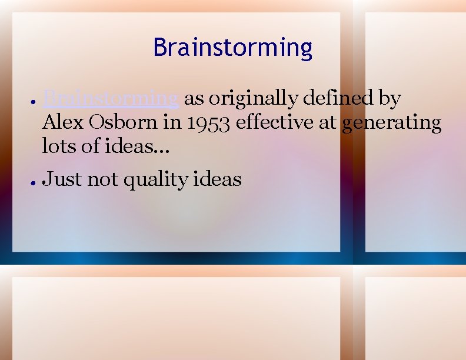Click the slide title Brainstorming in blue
(x=232, y=48)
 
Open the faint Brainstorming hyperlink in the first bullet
(x=111, y=98)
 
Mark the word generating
(x=391, y=122)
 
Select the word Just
(x=62, y=179)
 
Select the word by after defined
(x=389, y=98)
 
